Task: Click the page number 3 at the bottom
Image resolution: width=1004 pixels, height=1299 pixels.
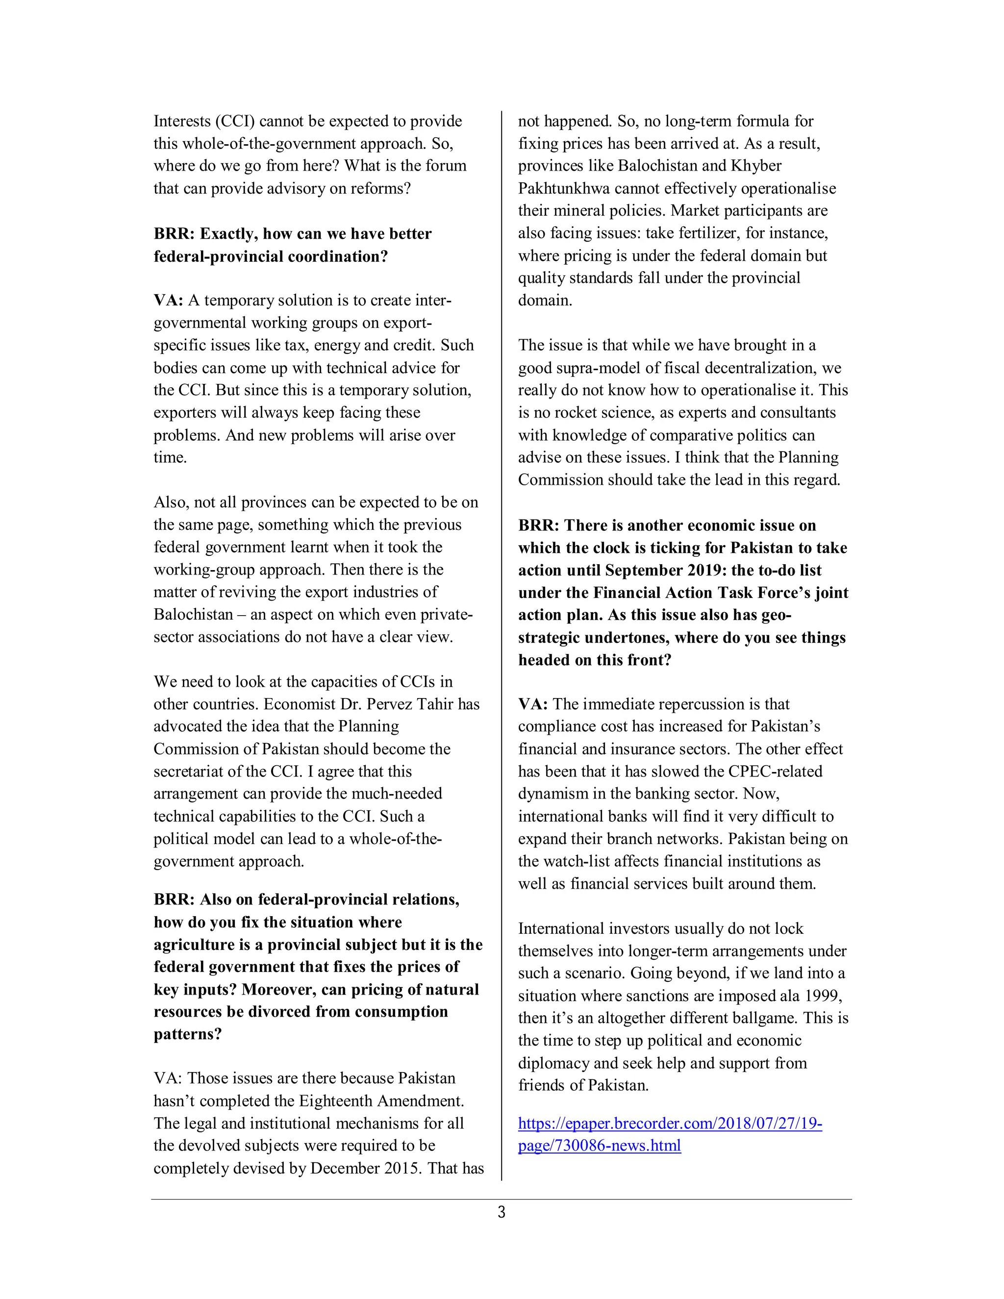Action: [x=502, y=1212]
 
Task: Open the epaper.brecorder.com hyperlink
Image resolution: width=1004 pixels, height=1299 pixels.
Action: [x=670, y=1123]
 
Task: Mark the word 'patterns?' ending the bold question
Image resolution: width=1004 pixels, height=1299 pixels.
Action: [x=187, y=1034]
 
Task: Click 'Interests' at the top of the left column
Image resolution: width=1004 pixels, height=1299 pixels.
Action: [x=181, y=122]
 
